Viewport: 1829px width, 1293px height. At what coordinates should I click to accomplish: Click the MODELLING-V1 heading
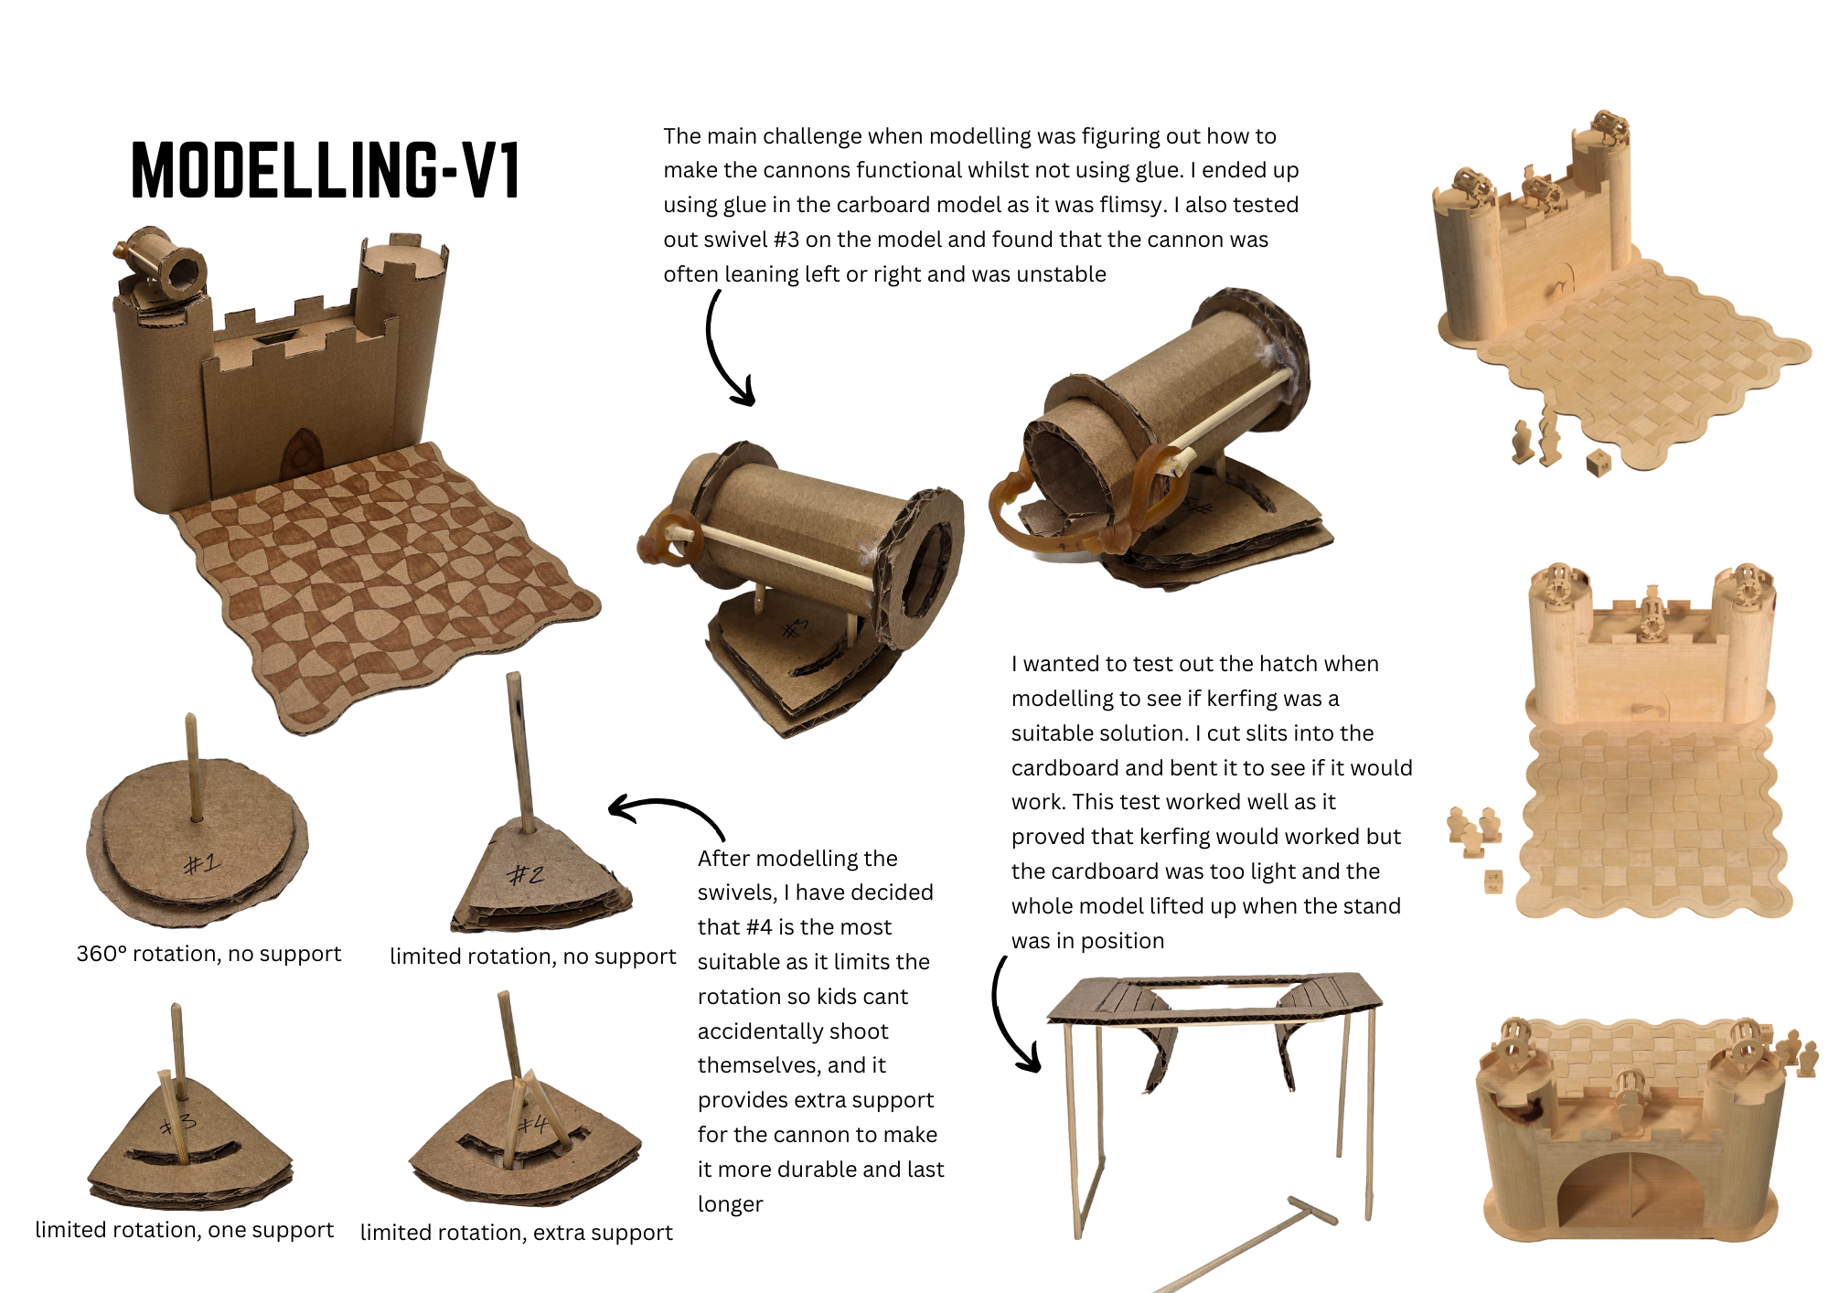click(326, 170)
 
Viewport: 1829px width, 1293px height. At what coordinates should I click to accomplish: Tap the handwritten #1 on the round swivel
click(201, 863)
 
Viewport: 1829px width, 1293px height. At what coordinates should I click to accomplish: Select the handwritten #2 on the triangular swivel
click(526, 875)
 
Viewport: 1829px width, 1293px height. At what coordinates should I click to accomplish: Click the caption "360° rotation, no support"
click(209, 954)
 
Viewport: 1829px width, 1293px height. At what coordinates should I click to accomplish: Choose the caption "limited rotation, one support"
click(184, 1230)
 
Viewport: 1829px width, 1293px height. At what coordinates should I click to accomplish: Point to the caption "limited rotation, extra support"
click(516, 1233)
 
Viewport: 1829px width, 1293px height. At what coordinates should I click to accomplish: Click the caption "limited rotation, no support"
click(532, 956)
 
